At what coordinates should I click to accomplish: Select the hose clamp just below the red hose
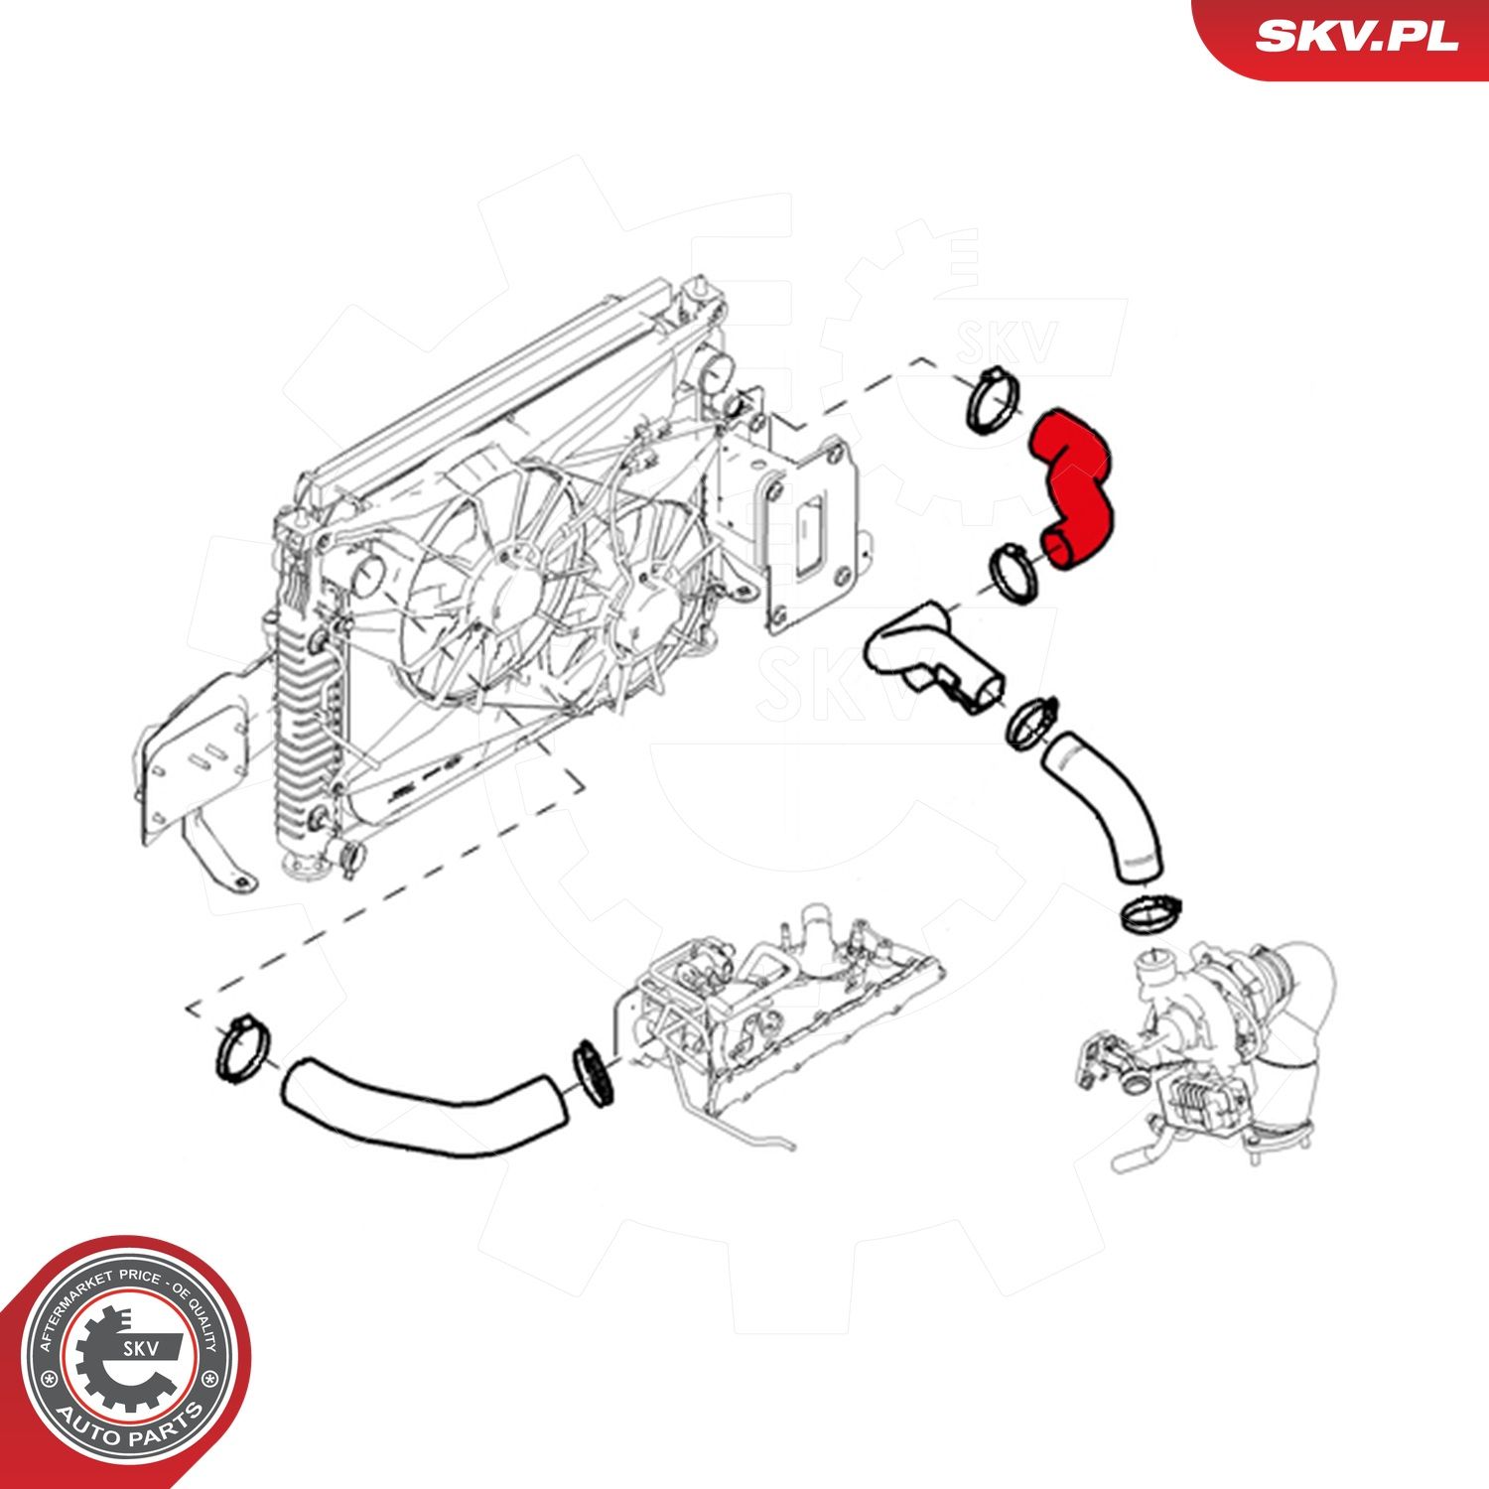pos(1015,573)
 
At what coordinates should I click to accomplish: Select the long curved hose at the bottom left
pos(424,1107)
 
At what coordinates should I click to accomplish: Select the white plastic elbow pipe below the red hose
pos(933,656)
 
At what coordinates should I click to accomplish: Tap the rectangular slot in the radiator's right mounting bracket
pos(810,534)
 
